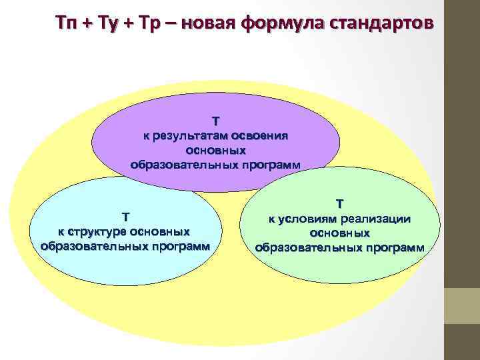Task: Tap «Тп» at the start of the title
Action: tap(66, 25)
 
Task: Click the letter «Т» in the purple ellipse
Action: tap(215, 121)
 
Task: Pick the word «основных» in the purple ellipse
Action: tap(215, 150)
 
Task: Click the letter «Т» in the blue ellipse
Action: tap(125, 217)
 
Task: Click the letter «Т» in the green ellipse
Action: tap(339, 203)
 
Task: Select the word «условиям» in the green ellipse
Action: tap(310, 219)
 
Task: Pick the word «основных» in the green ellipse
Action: tap(339, 233)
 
